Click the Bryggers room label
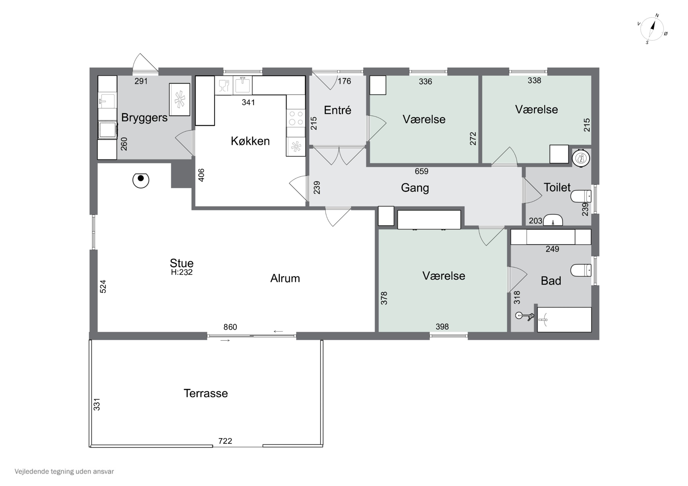point(144,118)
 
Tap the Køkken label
point(250,141)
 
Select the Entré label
point(337,110)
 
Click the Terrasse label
point(205,393)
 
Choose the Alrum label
point(285,278)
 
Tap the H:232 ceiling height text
point(182,272)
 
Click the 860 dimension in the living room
point(230,327)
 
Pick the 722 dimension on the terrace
point(225,441)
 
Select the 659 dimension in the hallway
point(421,171)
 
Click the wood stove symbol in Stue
point(141,180)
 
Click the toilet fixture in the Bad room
point(581,270)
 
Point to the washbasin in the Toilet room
point(553,220)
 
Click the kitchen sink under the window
point(243,85)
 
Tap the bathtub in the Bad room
point(564,319)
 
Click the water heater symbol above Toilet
point(581,158)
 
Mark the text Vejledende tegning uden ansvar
point(64,472)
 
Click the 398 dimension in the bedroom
point(442,327)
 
